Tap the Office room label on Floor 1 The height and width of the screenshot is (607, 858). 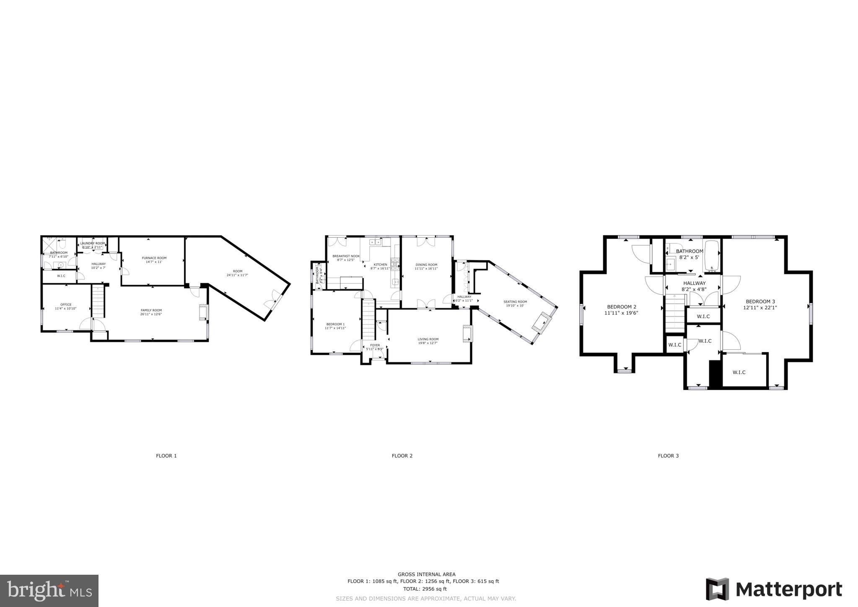66,304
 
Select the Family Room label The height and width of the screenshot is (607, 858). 151,310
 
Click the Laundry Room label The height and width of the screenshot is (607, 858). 93,243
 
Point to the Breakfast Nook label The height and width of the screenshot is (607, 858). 346,256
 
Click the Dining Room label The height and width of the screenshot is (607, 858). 426,265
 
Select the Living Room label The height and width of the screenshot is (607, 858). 428,339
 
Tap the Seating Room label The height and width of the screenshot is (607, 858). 515,301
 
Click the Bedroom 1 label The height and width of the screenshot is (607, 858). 335,324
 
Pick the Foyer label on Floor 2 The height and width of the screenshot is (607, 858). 375,345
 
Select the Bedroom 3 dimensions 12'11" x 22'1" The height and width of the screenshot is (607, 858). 760,307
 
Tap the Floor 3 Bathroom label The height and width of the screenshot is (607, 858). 690,251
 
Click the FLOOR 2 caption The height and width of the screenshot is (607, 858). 402,456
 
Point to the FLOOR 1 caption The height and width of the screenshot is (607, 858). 166,456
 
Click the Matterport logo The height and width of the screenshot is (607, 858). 774,589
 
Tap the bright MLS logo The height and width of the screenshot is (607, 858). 49,591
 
